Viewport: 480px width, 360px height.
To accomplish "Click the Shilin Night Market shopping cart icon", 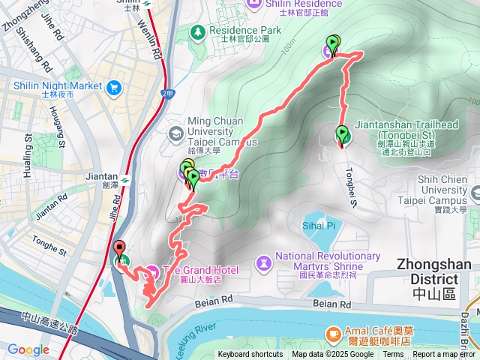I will pyautogui.click(x=114, y=85).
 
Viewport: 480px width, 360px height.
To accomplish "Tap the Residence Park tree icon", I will pyautogui.click(x=197, y=31).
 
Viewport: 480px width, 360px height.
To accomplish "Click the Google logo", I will pyautogui.click(x=28, y=349).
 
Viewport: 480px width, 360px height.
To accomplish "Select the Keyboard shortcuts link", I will pyautogui.click(x=250, y=355).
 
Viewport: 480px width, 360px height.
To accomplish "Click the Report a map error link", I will pyautogui.click(x=445, y=355).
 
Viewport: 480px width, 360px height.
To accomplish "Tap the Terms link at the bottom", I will pyautogui.click(x=393, y=355).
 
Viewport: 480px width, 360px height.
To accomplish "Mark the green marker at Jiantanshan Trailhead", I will pyautogui.click(x=342, y=135).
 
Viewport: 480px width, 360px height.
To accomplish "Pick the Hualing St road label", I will pyautogui.click(x=28, y=154).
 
